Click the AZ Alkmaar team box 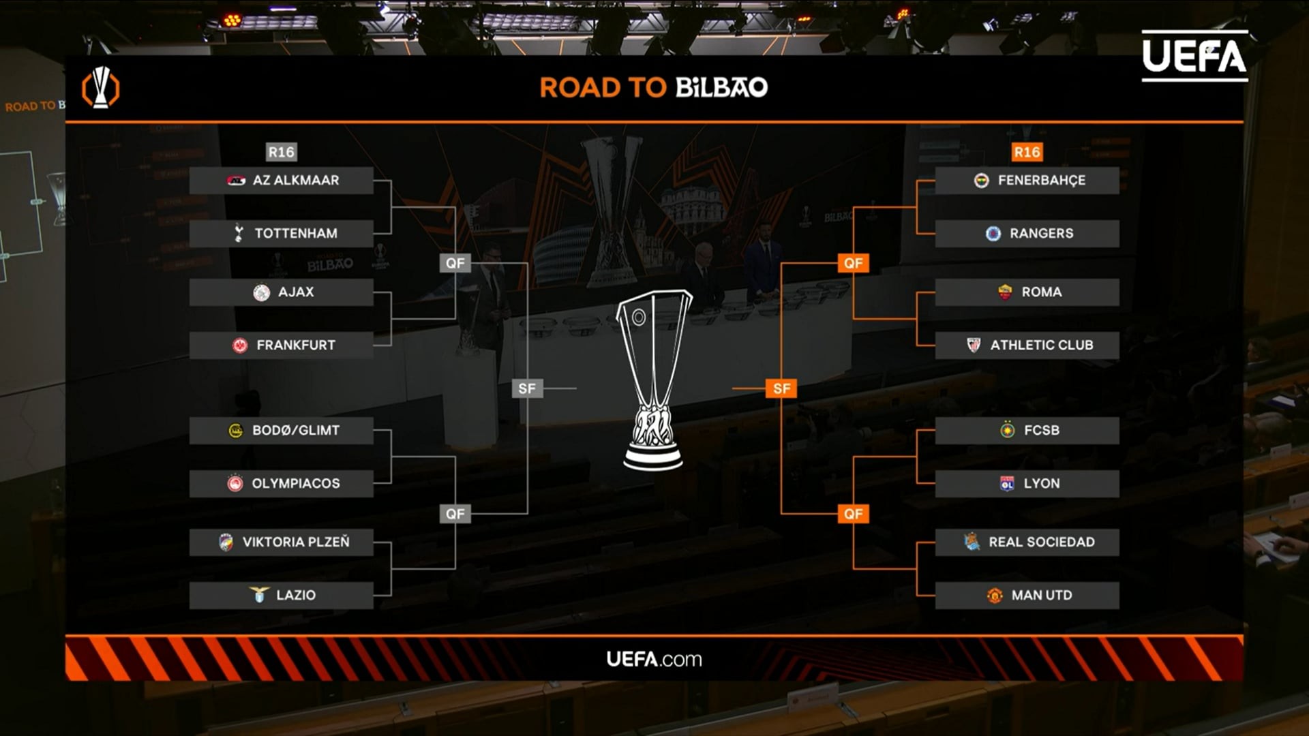(x=281, y=181)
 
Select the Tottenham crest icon (x=239, y=233)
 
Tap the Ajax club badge (x=261, y=292)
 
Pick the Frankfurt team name (x=296, y=346)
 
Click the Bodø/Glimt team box (x=281, y=431)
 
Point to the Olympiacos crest (x=235, y=483)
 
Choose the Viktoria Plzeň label (x=296, y=542)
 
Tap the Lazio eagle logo (x=259, y=595)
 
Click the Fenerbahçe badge (x=981, y=181)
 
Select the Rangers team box (x=1027, y=233)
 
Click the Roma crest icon (x=1005, y=292)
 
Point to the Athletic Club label (x=1042, y=346)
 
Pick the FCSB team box (x=1027, y=431)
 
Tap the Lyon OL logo (x=1007, y=483)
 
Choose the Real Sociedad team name (x=1042, y=542)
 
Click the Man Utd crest (x=995, y=596)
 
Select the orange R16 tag (x=1027, y=152)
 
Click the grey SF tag (x=527, y=388)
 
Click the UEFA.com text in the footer (x=654, y=659)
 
